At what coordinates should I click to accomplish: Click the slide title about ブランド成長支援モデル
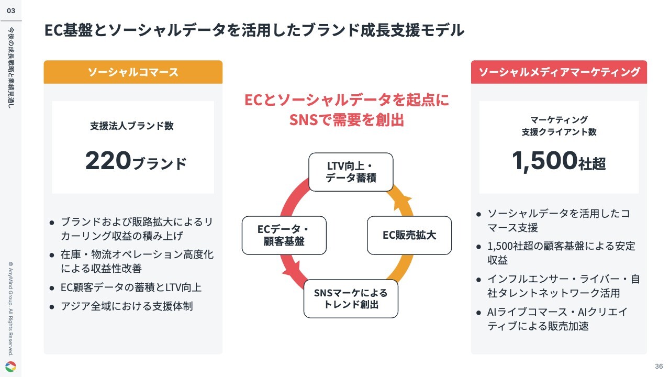[254, 30]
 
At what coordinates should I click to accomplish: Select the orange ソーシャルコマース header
[133, 72]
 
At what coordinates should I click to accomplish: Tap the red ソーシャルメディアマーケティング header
[559, 72]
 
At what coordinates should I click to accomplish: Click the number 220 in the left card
[108, 161]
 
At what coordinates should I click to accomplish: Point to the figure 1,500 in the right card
[544, 161]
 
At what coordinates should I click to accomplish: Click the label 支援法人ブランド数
[132, 126]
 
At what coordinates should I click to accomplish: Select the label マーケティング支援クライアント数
[559, 126]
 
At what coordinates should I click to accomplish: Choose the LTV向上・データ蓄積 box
[351, 172]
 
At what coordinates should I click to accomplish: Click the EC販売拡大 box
[409, 235]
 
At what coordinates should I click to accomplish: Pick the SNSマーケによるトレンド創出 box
[351, 298]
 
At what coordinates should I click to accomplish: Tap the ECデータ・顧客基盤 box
[284, 235]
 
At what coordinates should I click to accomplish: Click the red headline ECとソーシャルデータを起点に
[347, 100]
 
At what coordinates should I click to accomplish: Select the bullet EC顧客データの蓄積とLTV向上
[131, 287]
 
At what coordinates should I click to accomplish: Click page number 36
[659, 366]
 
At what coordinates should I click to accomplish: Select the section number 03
[11, 11]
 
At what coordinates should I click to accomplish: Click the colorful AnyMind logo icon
[11, 367]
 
